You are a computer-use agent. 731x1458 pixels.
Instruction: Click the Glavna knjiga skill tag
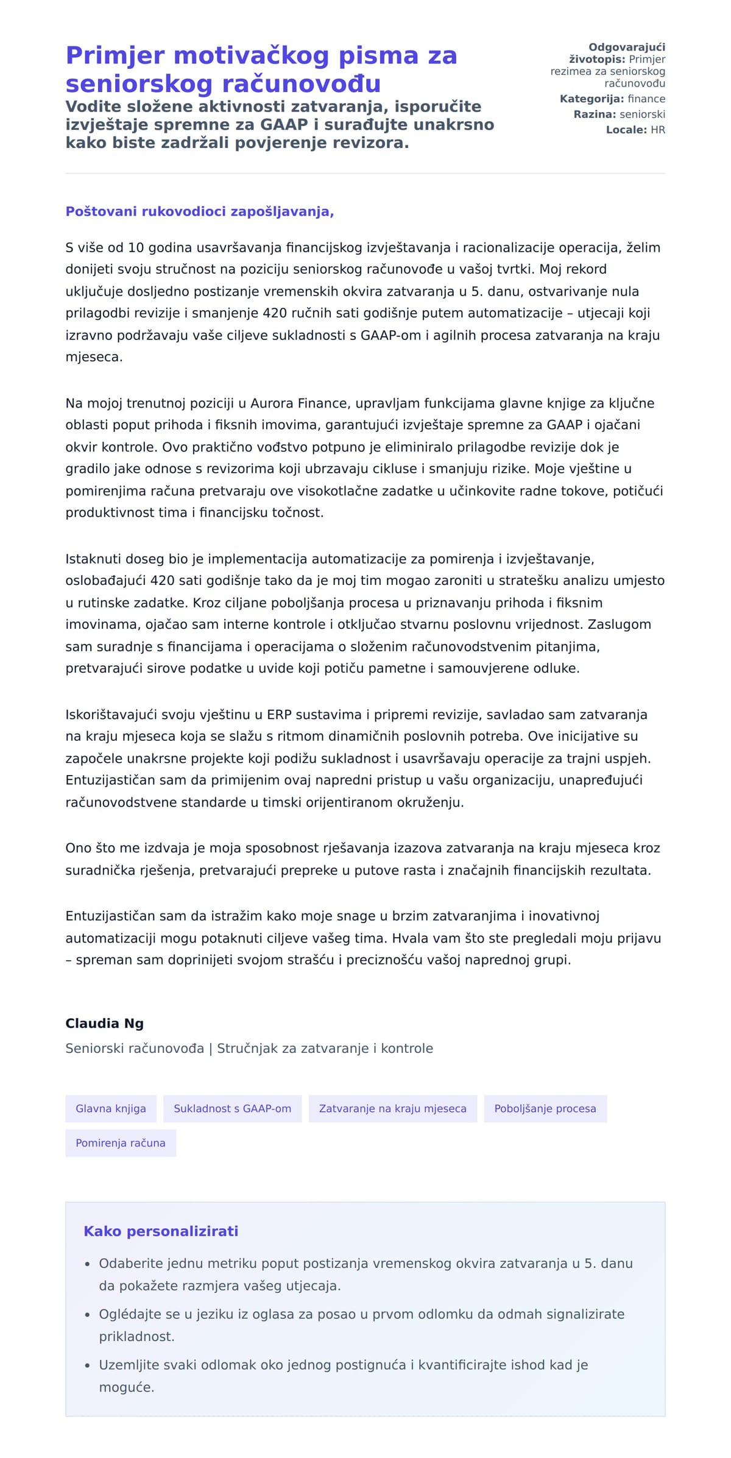click(x=110, y=1108)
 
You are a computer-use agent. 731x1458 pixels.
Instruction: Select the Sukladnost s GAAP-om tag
click(x=232, y=1108)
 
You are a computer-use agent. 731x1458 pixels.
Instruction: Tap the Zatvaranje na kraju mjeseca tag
click(x=392, y=1108)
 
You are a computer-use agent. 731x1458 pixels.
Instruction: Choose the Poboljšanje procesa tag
click(x=545, y=1108)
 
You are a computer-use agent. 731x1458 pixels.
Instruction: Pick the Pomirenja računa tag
click(x=120, y=1143)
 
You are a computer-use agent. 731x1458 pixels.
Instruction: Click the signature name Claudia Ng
click(x=104, y=1023)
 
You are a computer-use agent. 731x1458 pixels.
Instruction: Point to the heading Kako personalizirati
click(x=160, y=1231)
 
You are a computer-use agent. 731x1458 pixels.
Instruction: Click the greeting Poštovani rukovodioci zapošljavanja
click(x=199, y=211)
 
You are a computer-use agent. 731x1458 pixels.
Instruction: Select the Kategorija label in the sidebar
click(x=591, y=99)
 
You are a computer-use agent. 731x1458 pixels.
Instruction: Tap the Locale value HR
click(x=657, y=130)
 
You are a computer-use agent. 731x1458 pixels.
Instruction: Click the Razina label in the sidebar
click(x=595, y=115)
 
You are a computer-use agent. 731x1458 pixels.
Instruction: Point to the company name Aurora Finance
click(x=298, y=403)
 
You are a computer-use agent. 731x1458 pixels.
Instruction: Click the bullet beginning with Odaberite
click(x=365, y=1263)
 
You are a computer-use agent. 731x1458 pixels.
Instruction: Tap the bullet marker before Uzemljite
click(x=88, y=1365)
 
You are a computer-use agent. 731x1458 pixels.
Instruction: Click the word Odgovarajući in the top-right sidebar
click(x=626, y=48)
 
